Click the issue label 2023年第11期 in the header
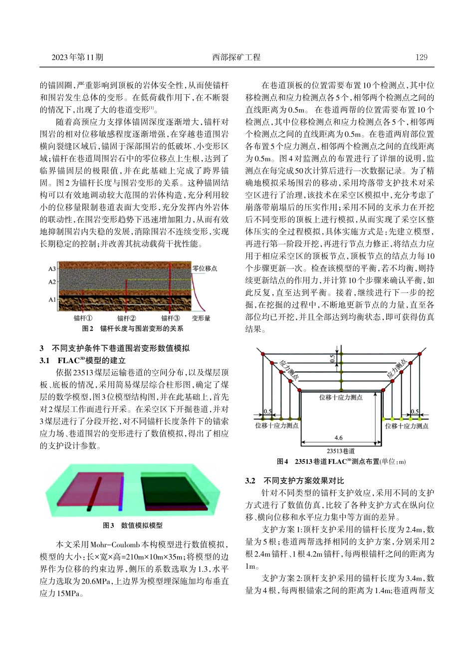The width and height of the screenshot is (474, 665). [x=77, y=57]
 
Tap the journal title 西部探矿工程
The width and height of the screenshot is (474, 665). [x=237, y=57]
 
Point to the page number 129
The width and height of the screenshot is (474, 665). [x=421, y=57]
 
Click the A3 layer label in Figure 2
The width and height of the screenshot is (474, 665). [x=52, y=269]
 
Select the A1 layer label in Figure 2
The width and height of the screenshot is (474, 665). [x=52, y=300]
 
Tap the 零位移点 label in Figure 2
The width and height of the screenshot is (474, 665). [x=205, y=268]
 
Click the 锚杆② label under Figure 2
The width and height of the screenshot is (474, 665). [x=126, y=318]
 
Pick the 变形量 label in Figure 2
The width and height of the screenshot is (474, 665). [x=201, y=318]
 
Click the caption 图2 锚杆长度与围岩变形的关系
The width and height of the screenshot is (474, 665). [x=133, y=328]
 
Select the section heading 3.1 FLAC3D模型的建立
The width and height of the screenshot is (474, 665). [x=83, y=360]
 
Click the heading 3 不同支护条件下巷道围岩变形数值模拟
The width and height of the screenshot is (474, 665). [x=114, y=348]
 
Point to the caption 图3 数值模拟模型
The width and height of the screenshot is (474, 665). [x=132, y=525]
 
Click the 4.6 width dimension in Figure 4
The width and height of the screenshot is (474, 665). [x=338, y=438]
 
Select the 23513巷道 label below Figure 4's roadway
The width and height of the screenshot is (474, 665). [x=341, y=450]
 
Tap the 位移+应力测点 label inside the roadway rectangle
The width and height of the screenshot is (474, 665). [x=341, y=398]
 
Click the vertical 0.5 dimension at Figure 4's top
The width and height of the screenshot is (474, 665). [x=333, y=358]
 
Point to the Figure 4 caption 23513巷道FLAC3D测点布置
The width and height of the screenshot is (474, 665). [x=341, y=461]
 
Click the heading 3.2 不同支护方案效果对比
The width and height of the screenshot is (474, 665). [x=294, y=480]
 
